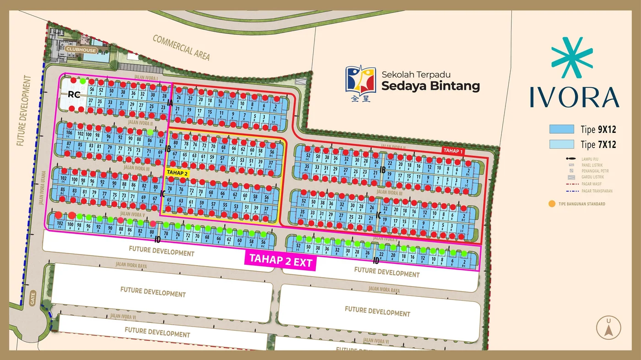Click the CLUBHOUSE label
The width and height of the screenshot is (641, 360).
pyautogui.click(x=81, y=49)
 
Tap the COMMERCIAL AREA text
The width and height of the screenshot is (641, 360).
pyautogui.click(x=181, y=48)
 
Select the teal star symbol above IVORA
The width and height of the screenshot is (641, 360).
pyautogui.click(x=572, y=58)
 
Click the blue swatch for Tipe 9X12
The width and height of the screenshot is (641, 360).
pyautogui.click(x=562, y=129)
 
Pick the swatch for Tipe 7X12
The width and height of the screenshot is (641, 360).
pyautogui.click(x=562, y=144)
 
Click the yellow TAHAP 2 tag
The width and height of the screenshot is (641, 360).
pyautogui.click(x=177, y=172)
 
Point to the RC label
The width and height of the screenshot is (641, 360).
pyautogui.click(x=74, y=95)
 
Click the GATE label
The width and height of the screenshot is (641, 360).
pyautogui.click(x=33, y=298)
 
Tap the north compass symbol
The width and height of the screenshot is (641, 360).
pyautogui.click(x=608, y=327)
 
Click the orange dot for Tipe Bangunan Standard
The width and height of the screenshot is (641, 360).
pyautogui.click(x=552, y=204)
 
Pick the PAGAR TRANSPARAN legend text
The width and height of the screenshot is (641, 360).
pyautogui.click(x=597, y=191)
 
